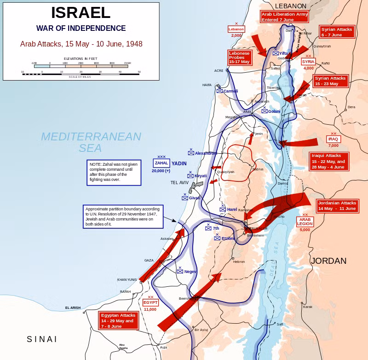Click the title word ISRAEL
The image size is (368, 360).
[x=81, y=12]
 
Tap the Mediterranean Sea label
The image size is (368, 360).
[x=91, y=142]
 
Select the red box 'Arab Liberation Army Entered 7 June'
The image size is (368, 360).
[x=285, y=17]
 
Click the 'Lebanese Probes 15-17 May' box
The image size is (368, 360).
[x=239, y=57]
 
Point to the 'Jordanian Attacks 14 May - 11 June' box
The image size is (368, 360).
[x=337, y=205]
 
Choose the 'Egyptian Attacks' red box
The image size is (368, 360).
[x=119, y=320]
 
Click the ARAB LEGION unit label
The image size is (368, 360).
[x=305, y=221]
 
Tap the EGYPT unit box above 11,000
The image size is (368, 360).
[x=150, y=302]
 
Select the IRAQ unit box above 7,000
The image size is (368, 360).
[x=333, y=139]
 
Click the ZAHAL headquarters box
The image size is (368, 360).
[x=161, y=163]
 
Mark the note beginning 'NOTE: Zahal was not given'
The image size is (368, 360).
[x=114, y=173]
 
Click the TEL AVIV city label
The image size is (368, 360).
[x=180, y=182]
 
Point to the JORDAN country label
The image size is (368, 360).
[x=328, y=261]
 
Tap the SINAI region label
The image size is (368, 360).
[x=42, y=339]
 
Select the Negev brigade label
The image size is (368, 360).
[x=190, y=272]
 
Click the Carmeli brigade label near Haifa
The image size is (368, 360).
[x=230, y=91]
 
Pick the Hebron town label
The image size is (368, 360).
[x=239, y=261]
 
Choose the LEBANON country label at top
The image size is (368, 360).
[x=290, y=6]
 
